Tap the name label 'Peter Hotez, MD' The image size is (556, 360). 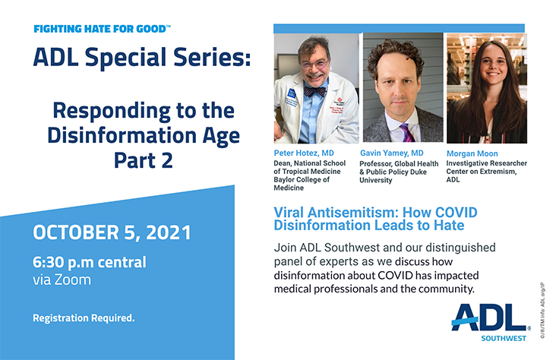click(304, 153)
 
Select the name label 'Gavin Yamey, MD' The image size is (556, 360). click(392, 153)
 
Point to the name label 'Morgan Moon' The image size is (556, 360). click(472, 153)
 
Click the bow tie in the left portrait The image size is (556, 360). click(315, 92)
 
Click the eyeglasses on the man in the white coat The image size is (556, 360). click(314, 65)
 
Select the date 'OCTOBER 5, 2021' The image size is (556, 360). click(112, 232)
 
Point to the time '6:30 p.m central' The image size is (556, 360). click(90, 263)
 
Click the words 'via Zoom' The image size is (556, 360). click(62, 279)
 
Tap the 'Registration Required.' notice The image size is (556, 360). click(84, 317)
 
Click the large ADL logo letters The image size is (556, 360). click(490, 317)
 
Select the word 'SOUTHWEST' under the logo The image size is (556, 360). click(504, 339)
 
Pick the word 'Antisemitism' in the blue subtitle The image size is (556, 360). click(352, 213)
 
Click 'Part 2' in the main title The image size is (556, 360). click(144, 161)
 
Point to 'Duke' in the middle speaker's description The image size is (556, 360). click(419, 172)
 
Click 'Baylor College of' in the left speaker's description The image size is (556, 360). click(302, 179)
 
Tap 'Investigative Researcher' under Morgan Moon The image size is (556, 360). click(486, 163)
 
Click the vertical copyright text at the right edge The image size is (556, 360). click(542, 311)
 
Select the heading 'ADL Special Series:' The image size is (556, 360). click(142, 58)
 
